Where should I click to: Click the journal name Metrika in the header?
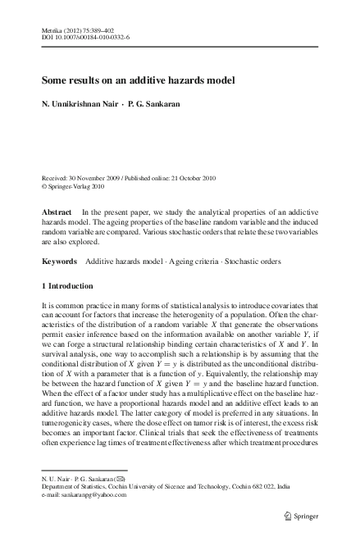(52, 29)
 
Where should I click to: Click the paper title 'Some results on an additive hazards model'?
(139, 81)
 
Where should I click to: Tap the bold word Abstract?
(57, 212)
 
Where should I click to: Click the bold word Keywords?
(60, 262)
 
